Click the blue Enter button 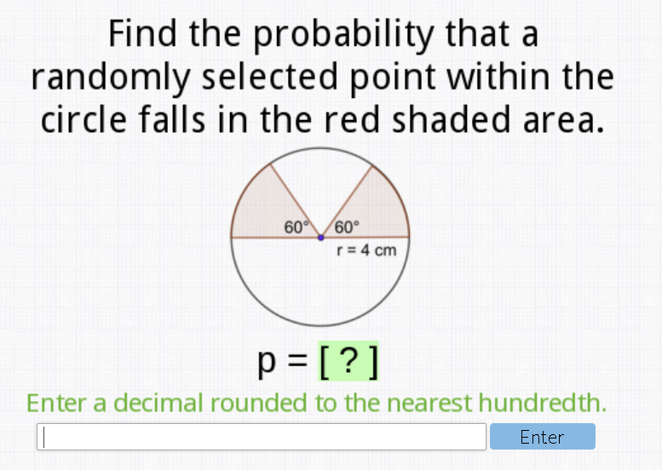(543, 437)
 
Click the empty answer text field (262, 437)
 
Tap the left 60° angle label (296, 227)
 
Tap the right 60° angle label (347, 227)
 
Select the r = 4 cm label (366, 250)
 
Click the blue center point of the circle (321, 238)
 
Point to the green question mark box (348, 361)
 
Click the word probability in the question (343, 36)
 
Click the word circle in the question (83, 120)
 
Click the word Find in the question (142, 34)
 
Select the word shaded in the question (452, 120)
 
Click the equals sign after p (297, 361)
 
